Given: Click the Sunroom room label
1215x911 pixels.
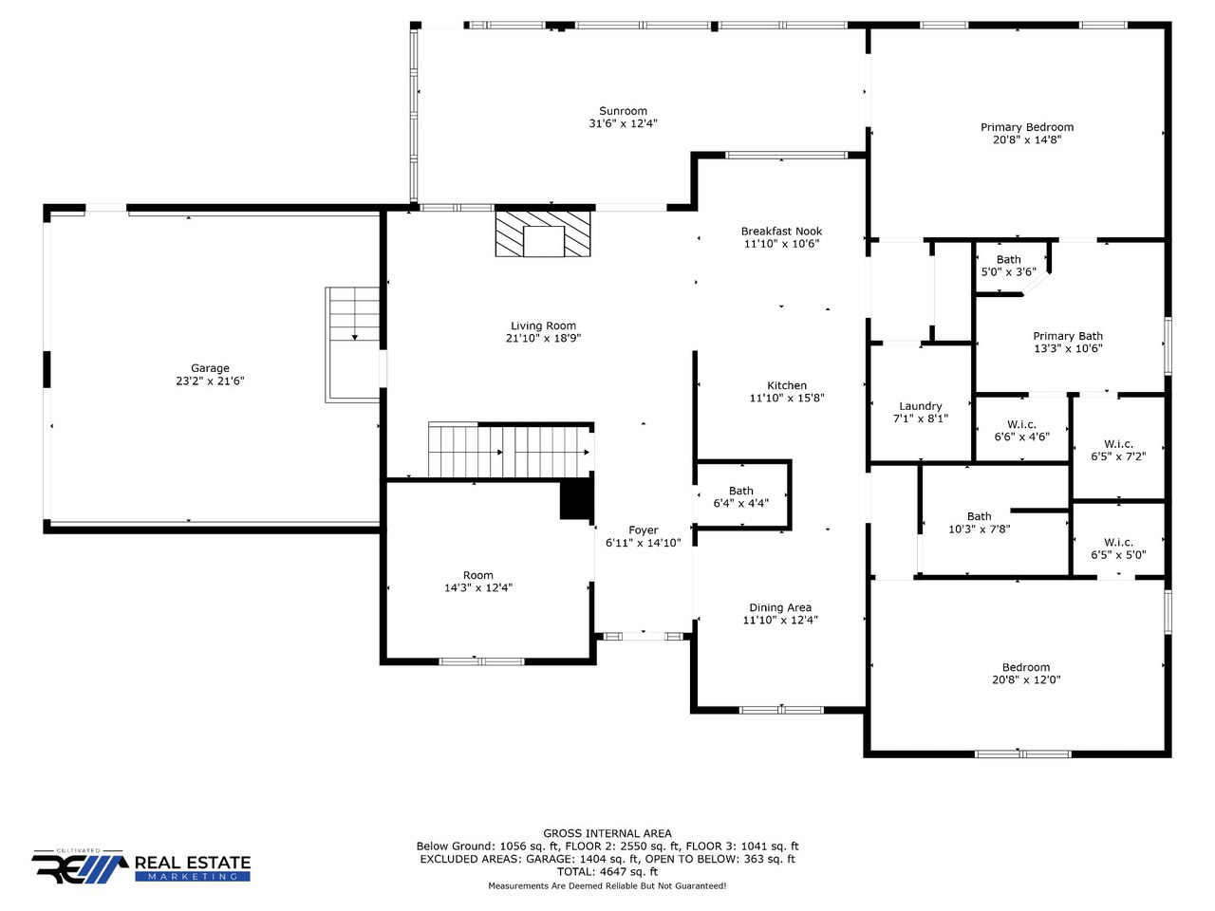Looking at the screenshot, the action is [623, 111].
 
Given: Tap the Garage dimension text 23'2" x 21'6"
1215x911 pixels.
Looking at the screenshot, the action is [210, 381].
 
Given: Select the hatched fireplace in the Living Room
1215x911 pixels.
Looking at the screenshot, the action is [542, 234].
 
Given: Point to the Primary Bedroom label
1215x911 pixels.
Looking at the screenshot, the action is [1027, 127].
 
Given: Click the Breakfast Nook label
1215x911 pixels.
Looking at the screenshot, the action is [781, 232].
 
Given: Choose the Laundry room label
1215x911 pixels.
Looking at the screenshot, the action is [920, 406].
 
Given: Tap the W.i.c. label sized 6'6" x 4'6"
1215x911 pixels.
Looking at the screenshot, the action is [1021, 424].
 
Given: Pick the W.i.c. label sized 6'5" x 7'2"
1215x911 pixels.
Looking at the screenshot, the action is [1118, 443].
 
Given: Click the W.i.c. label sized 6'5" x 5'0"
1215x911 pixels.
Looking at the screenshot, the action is [1118, 542].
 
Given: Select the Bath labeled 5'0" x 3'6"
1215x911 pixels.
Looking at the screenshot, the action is [1008, 259].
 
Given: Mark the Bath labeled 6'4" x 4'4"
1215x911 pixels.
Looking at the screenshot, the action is [740, 491].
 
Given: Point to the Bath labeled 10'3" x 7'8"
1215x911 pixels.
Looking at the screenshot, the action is [980, 516].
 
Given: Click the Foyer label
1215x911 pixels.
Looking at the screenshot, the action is [643, 530].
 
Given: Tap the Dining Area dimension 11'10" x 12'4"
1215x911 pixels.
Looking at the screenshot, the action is [780, 620].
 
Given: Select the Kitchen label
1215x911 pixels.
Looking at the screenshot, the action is [787, 385].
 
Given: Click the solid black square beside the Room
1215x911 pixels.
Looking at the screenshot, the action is [577, 499].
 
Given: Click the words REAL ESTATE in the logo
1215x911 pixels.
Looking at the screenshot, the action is [193, 863].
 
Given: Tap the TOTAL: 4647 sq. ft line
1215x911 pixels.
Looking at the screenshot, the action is [607, 872].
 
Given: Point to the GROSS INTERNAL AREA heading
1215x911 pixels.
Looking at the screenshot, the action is [607, 833].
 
